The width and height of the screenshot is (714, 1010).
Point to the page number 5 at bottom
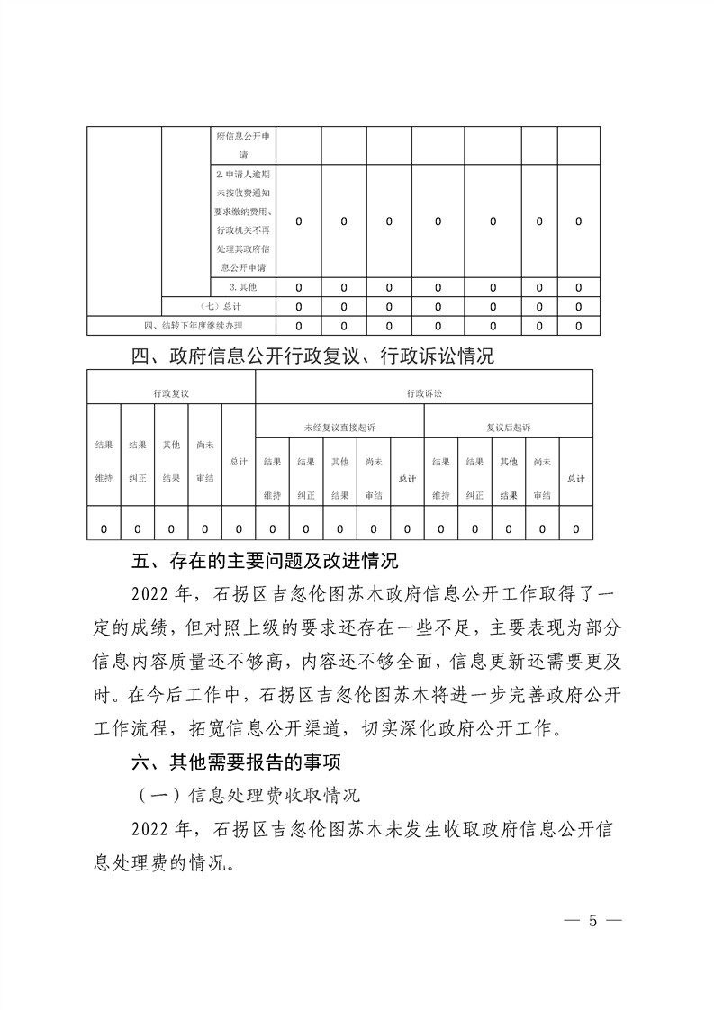592,921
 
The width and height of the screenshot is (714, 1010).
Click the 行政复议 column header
171,393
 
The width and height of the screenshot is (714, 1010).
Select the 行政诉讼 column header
423,393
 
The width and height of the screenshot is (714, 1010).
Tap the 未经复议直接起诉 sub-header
339,427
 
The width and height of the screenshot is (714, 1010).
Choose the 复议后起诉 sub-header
508,427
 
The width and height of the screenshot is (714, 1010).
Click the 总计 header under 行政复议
239,462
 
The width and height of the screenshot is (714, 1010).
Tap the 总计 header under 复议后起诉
575,479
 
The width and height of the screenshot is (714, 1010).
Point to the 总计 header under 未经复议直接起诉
407,479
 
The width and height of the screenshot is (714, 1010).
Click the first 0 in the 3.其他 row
299,287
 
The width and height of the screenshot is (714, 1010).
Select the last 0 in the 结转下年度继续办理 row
578,326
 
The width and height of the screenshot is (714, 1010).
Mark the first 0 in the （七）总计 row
299,307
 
